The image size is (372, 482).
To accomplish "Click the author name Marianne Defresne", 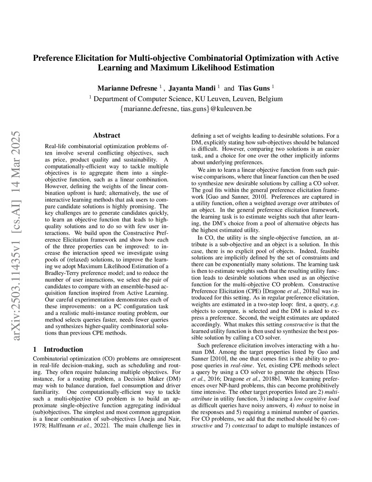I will coord(127,88).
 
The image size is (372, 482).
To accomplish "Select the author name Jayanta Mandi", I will coord(192,88).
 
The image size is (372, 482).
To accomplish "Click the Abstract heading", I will coord(106,135).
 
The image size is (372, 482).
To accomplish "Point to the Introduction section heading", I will coord(63,350).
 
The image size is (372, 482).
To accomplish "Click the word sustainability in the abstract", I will coord(141,160).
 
